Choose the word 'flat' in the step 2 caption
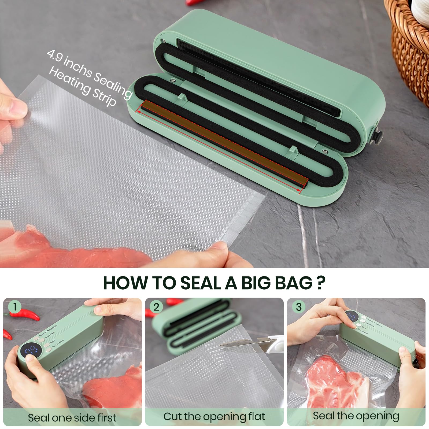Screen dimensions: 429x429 256,416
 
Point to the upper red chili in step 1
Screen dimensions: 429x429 27,314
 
